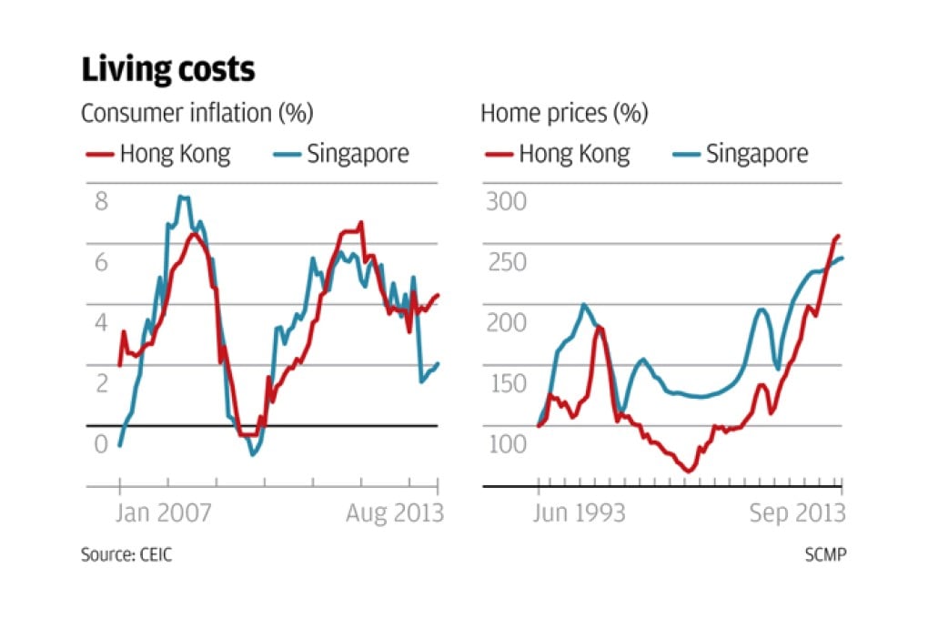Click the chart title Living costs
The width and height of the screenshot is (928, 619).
[168, 70]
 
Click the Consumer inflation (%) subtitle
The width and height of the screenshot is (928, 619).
[197, 114]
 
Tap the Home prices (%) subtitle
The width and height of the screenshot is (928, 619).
[564, 114]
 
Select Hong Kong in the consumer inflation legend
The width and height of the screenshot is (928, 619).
[175, 153]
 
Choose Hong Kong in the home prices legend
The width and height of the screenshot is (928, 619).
[574, 153]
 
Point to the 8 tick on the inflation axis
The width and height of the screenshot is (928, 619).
[101, 201]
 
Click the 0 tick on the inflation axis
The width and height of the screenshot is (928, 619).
[101, 444]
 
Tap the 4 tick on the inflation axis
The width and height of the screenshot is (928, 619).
[101, 323]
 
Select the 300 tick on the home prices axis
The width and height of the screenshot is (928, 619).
[507, 201]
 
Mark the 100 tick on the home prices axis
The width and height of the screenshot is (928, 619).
[507, 444]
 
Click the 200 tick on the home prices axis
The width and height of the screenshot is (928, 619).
[507, 323]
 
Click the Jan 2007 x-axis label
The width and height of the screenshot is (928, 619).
[165, 513]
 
